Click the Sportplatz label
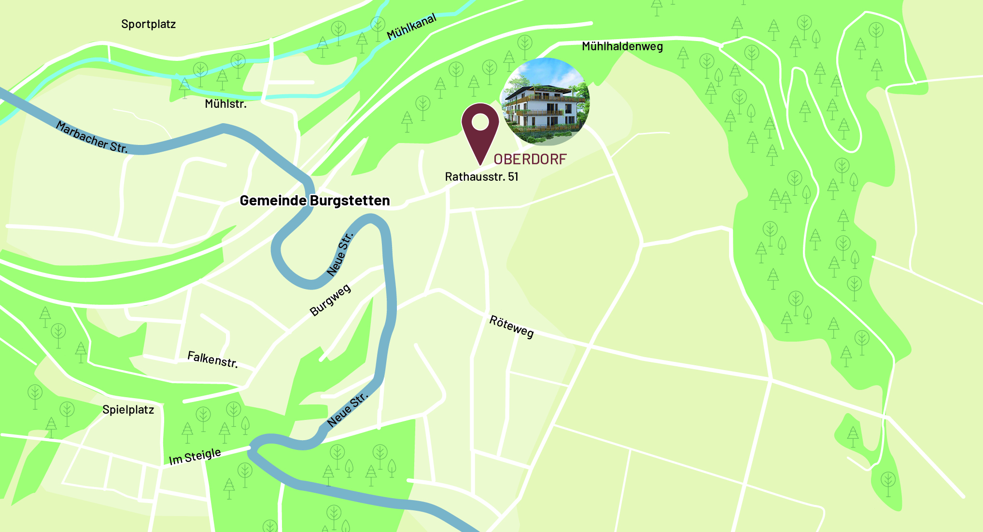(x=148, y=24)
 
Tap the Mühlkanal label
(x=411, y=27)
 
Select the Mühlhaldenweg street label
(x=622, y=46)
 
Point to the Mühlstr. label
(x=225, y=104)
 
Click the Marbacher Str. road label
(x=92, y=137)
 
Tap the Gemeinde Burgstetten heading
(x=315, y=201)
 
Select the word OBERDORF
(x=530, y=159)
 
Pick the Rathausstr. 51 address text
(x=481, y=177)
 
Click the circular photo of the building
(x=546, y=102)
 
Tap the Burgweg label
(x=330, y=301)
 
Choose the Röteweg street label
(x=511, y=327)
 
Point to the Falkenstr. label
(x=212, y=359)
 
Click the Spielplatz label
(x=128, y=410)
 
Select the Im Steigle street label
(x=195, y=456)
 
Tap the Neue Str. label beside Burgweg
(x=340, y=254)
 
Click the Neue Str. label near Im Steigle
(x=348, y=410)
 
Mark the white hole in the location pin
(x=480, y=122)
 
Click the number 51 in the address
(x=513, y=177)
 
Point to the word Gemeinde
(x=273, y=201)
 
